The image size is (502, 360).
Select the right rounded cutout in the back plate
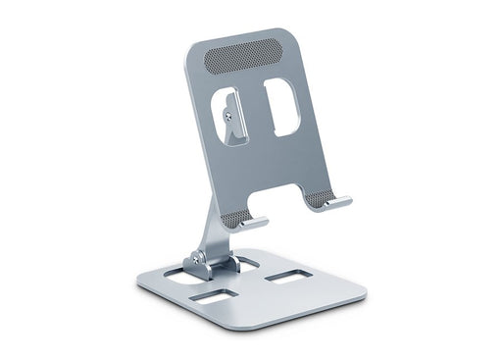click(281, 106)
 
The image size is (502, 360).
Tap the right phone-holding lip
click(336, 202)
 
